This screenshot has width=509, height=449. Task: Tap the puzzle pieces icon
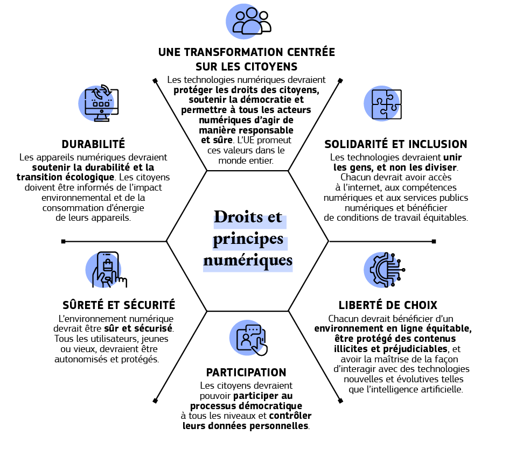coord(383,102)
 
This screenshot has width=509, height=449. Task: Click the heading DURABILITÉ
coord(93,144)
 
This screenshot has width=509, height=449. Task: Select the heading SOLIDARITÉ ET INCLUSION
coord(395,144)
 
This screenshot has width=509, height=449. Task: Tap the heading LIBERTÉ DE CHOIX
coord(388,305)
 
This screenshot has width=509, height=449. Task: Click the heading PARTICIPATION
coord(246,373)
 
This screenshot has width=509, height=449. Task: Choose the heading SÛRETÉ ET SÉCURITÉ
coord(119,305)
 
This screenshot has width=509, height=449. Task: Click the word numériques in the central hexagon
coord(248,261)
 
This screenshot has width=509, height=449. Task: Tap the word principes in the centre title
coord(248,238)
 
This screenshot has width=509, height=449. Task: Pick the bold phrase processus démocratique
coord(246,405)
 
